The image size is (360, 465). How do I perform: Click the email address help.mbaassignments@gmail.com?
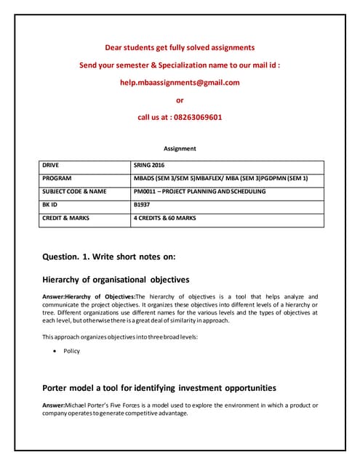[180, 82]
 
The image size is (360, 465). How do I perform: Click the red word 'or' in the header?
[180, 100]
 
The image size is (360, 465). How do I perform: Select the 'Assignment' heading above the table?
[180, 148]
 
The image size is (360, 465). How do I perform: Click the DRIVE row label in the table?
[52, 165]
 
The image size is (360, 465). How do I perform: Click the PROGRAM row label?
[57, 178]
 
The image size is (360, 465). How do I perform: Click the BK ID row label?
[50, 204]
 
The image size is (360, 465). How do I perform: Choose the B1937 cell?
[143, 204]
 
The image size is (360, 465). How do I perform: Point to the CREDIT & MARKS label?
[65, 217]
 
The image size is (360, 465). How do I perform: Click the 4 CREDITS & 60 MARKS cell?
[165, 217]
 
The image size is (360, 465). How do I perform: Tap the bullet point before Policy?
[56, 351]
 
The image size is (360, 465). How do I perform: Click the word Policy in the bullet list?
[72, 351]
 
